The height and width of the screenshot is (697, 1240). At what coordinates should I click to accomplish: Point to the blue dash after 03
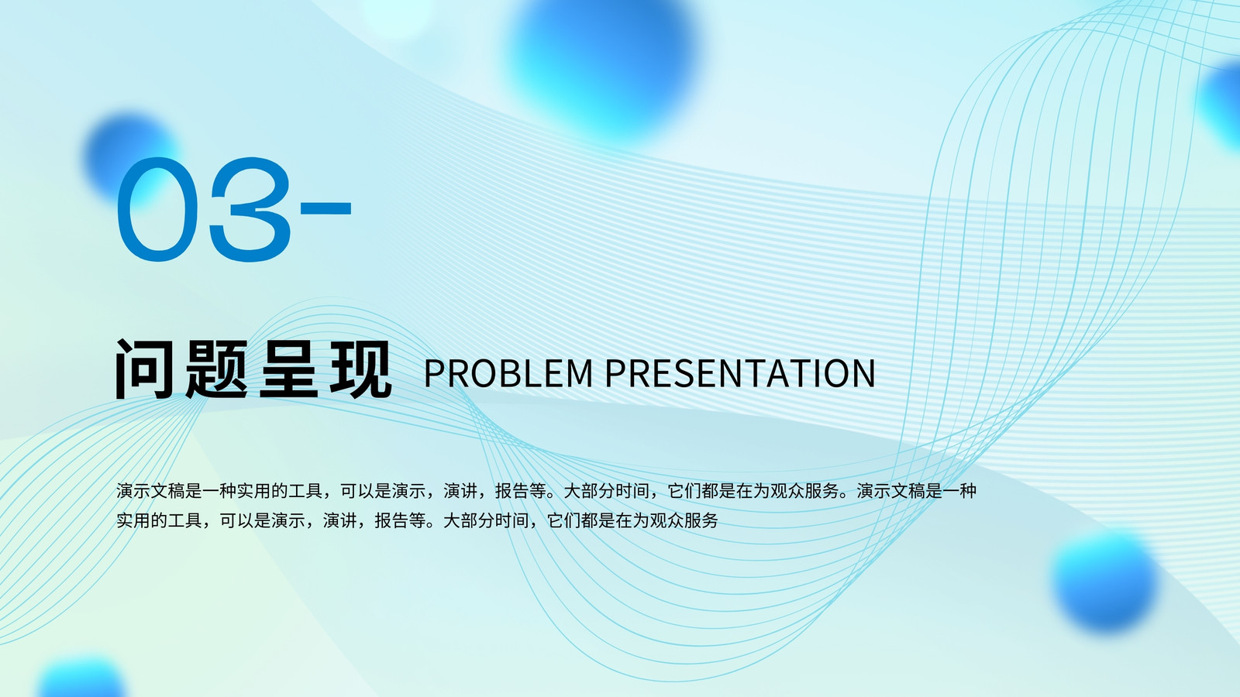[325, 208]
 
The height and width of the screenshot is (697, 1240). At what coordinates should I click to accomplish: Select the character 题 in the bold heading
[216, 369]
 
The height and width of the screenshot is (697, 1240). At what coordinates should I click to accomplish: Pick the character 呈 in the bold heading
[288, 369]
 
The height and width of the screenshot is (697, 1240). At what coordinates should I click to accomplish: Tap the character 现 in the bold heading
[360, 369]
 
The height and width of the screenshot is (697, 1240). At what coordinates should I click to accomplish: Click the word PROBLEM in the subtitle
[508, 373]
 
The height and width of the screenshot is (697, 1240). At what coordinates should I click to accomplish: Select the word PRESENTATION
[740, 373]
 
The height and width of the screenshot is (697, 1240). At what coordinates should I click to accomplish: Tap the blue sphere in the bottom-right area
[1104, 581]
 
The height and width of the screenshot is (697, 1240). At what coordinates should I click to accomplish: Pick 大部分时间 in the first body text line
[606, 491]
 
